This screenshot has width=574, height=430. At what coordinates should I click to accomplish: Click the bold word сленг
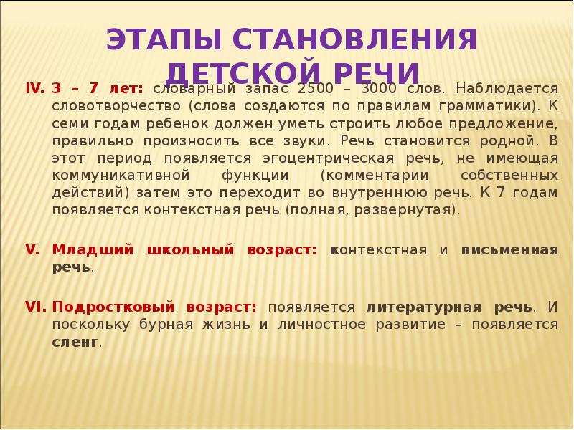pyautogui.click(x=75, y=342)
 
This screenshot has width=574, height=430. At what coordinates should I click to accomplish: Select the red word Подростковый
pyautogui.click(x=113, y=307)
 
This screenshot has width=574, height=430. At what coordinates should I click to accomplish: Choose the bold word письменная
pyautogui.click(x=509, y=250)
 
